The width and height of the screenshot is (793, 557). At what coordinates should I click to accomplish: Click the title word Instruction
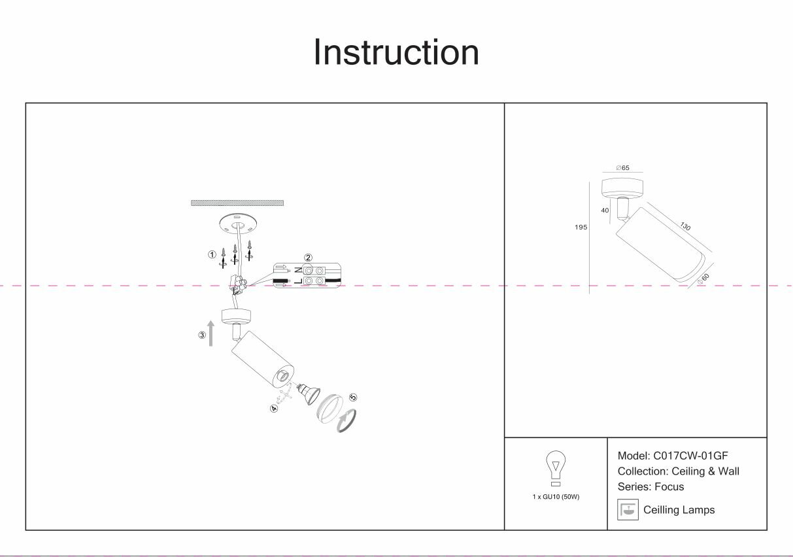point(396,52)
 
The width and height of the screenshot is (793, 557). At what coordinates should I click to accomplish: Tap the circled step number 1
point(212,254)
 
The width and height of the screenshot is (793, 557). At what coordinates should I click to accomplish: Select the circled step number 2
point(309,258)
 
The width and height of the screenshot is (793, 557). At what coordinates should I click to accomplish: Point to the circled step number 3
point(203,336)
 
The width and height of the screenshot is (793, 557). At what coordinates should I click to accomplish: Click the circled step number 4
point(275,409)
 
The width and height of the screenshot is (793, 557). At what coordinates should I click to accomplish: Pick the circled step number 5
point(354,397)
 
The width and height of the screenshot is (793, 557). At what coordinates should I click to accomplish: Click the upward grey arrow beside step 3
point(211,333)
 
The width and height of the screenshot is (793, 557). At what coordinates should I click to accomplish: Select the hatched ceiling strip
point(237,203)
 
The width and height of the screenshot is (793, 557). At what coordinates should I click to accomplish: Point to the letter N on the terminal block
point(297,270)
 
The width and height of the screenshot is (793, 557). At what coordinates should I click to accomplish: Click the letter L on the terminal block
point(297,281)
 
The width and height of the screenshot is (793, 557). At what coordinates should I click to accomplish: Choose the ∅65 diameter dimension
point(622,168)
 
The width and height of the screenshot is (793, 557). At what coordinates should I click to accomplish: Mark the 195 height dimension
point(580,228)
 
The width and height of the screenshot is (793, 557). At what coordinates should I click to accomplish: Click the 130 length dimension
point(684,226)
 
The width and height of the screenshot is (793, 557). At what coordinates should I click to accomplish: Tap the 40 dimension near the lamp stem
point(605,211)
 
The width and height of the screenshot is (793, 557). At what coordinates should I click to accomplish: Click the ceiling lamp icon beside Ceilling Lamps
point(628,510)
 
